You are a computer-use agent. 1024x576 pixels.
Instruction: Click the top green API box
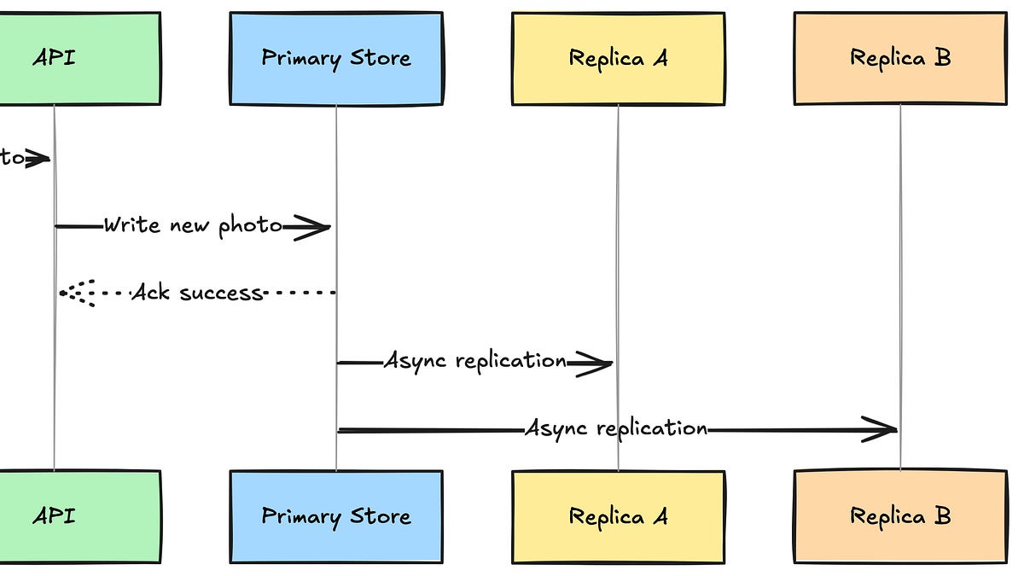[77, 58]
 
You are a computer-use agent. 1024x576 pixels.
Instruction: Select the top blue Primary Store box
[335, 58]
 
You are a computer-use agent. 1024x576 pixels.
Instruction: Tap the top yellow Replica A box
[618, 58]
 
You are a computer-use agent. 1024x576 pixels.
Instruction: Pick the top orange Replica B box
[900, 58]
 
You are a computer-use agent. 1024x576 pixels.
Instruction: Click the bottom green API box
[77, 516]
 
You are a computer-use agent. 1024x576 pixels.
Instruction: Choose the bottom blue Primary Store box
[335, 516]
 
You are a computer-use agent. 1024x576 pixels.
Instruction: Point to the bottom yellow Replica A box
[618, 516]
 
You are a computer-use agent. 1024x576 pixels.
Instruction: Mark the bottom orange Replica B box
[900, 516]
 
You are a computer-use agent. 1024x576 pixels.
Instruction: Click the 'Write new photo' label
[193, 226]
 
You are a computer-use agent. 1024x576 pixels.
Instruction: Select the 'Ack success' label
[197, 293]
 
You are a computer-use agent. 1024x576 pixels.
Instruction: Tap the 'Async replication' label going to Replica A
[475, 361]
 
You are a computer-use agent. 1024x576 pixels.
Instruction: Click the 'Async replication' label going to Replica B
[616, 428]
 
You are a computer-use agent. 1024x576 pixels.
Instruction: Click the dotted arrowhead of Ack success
[75, 293]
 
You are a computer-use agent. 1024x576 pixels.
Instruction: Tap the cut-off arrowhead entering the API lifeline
[38, 159]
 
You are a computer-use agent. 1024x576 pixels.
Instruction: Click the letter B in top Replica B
[941, 58]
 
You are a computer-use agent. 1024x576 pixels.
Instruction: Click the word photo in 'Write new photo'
[249, 226]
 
